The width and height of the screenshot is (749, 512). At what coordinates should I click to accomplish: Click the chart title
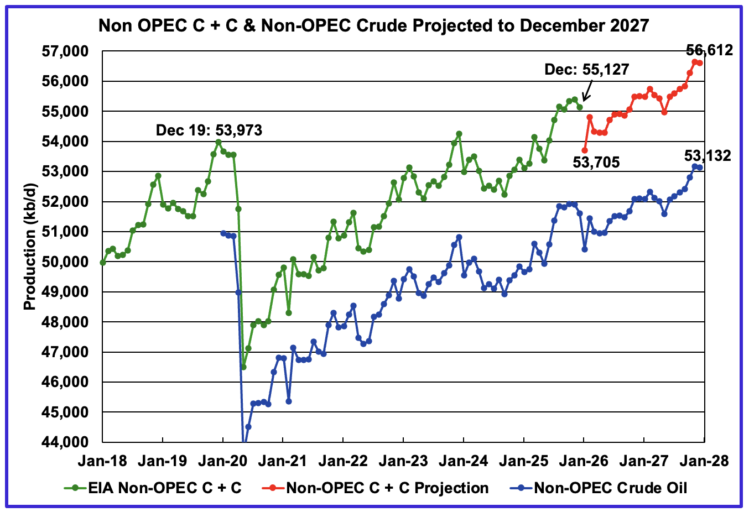[x=374, y=25]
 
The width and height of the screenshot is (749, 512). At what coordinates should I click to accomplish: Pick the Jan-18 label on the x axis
[x=103, y=461]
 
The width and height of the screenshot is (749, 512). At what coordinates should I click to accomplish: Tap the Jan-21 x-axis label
[x=283, y=461]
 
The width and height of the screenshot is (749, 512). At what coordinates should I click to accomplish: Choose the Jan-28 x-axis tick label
[x=704, y=461]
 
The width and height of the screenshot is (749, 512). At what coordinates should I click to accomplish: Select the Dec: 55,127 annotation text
[x=587, y=69]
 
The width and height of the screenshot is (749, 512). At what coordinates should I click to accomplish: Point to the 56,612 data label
[x=709, y=50]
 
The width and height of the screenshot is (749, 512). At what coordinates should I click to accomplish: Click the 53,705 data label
[x=595, y=163]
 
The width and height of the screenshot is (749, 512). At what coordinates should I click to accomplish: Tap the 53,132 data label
[x=708, y=156]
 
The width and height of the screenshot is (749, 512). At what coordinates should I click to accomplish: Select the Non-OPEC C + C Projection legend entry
[x=387, y=488]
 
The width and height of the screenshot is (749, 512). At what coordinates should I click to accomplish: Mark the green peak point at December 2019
[x=219, y=142]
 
